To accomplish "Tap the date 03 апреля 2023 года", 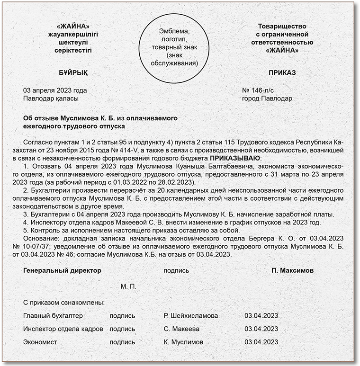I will click(x=55, y=90).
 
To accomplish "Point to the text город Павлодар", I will click(x=267, y=98).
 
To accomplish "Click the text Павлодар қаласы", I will click(x=51, y=98).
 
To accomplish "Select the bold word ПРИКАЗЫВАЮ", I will click(x=235, y=158).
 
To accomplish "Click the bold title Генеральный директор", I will click(x=62, y=270).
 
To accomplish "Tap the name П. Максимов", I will click(x=292, y=270).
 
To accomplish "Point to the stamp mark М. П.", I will click(x=128, y=287).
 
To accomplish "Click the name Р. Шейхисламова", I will click(x=190, y=315).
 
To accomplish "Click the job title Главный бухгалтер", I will click(x=53, y=315).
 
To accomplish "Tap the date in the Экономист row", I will click(x=261, y=342).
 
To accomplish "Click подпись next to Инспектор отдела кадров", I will click(x=122, y=329).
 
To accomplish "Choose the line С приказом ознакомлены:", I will click(x=63, y=302).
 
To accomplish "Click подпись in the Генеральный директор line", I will click(x=176, y=270).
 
